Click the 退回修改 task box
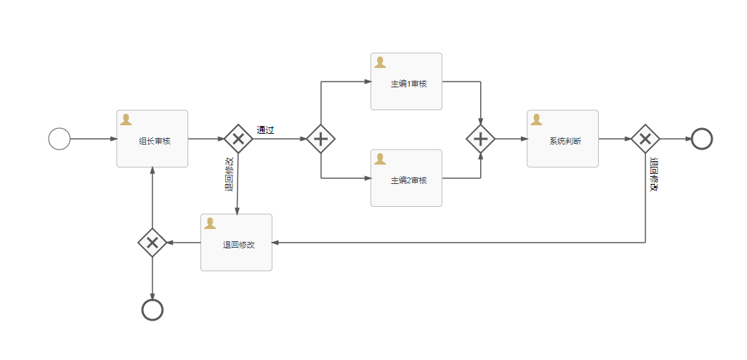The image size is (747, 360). coord(236,243)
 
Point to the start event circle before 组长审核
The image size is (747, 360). coord(59,139)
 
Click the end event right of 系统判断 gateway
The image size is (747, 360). coord(702,139)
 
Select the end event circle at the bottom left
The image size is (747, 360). coord(152,310)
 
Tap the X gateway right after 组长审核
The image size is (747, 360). coord(238,139)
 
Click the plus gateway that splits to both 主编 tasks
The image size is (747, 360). coord(321,139)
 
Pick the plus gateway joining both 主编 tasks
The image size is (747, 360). coord(481,139)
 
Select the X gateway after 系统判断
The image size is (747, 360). coord(645,139)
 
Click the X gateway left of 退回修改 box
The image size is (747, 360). coord(152,243)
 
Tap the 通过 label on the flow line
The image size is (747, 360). coord(265,130)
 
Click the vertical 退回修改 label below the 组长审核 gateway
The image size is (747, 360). coord(229,175)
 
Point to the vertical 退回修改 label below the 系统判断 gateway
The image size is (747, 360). coord(653,175)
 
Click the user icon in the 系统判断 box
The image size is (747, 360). coord(536,120)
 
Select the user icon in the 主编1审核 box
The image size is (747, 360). coord(380,62)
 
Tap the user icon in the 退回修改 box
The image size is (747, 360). coord(210,223)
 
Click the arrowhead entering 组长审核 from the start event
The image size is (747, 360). coord(113,139)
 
